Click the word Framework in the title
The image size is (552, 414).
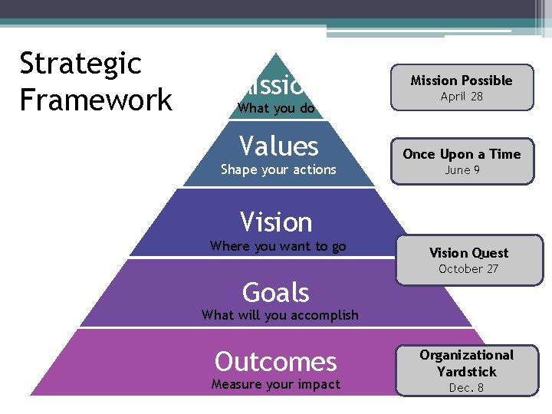point(96,100)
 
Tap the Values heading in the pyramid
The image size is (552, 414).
point(278,146)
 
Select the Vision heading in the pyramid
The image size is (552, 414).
point(276,222)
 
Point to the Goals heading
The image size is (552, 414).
point(276,293)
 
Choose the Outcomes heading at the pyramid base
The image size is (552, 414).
point(276,361)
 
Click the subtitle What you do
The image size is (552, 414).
point(276,108)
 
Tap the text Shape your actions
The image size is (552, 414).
point(278,169)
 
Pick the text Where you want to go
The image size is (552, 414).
point(278,246)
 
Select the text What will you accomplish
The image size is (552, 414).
point(280,314)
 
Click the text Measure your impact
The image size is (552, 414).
point(275,384)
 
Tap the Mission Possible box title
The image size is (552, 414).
point(462,80)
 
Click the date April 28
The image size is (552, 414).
point(462,97)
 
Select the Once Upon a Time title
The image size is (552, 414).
point(462,154)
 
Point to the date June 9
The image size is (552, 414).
point(462,170)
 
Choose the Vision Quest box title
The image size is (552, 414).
point(468,253)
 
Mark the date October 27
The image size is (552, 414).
point(468,269)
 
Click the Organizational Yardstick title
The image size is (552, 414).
point(466,363)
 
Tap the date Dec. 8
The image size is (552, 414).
point(466,388)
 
